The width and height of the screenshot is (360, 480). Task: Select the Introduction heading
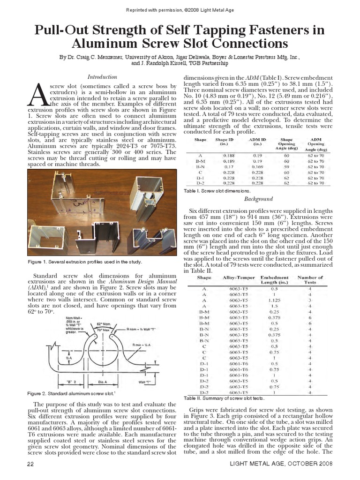click(x=102, y=76)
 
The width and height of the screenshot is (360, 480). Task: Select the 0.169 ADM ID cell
click(x=257, y=166)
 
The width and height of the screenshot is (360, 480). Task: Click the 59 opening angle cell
click(x=286, y=166)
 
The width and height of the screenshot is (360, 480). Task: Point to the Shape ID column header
click(x=224, y=142)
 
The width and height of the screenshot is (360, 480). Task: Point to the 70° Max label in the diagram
click(x=103, y=330)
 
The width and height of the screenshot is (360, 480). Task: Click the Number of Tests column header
click(x=310, y=280)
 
